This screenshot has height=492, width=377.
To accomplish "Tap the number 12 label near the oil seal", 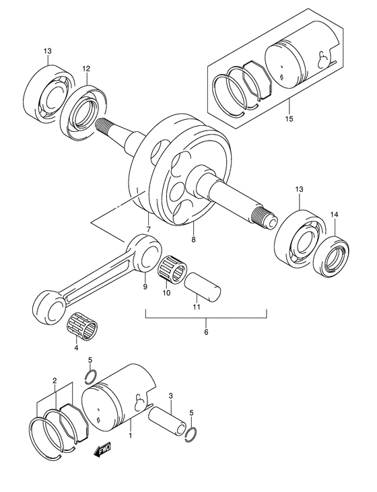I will tap(86, 69).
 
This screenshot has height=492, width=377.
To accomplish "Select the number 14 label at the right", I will tap(334, 215).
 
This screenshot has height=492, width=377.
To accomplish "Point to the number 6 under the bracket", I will tap(206, 332).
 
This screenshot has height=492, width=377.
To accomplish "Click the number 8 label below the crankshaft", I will tap(194, 239).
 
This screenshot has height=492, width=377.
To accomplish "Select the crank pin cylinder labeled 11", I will tap(201, 281).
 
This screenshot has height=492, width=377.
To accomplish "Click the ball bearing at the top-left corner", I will tap(46, 94).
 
